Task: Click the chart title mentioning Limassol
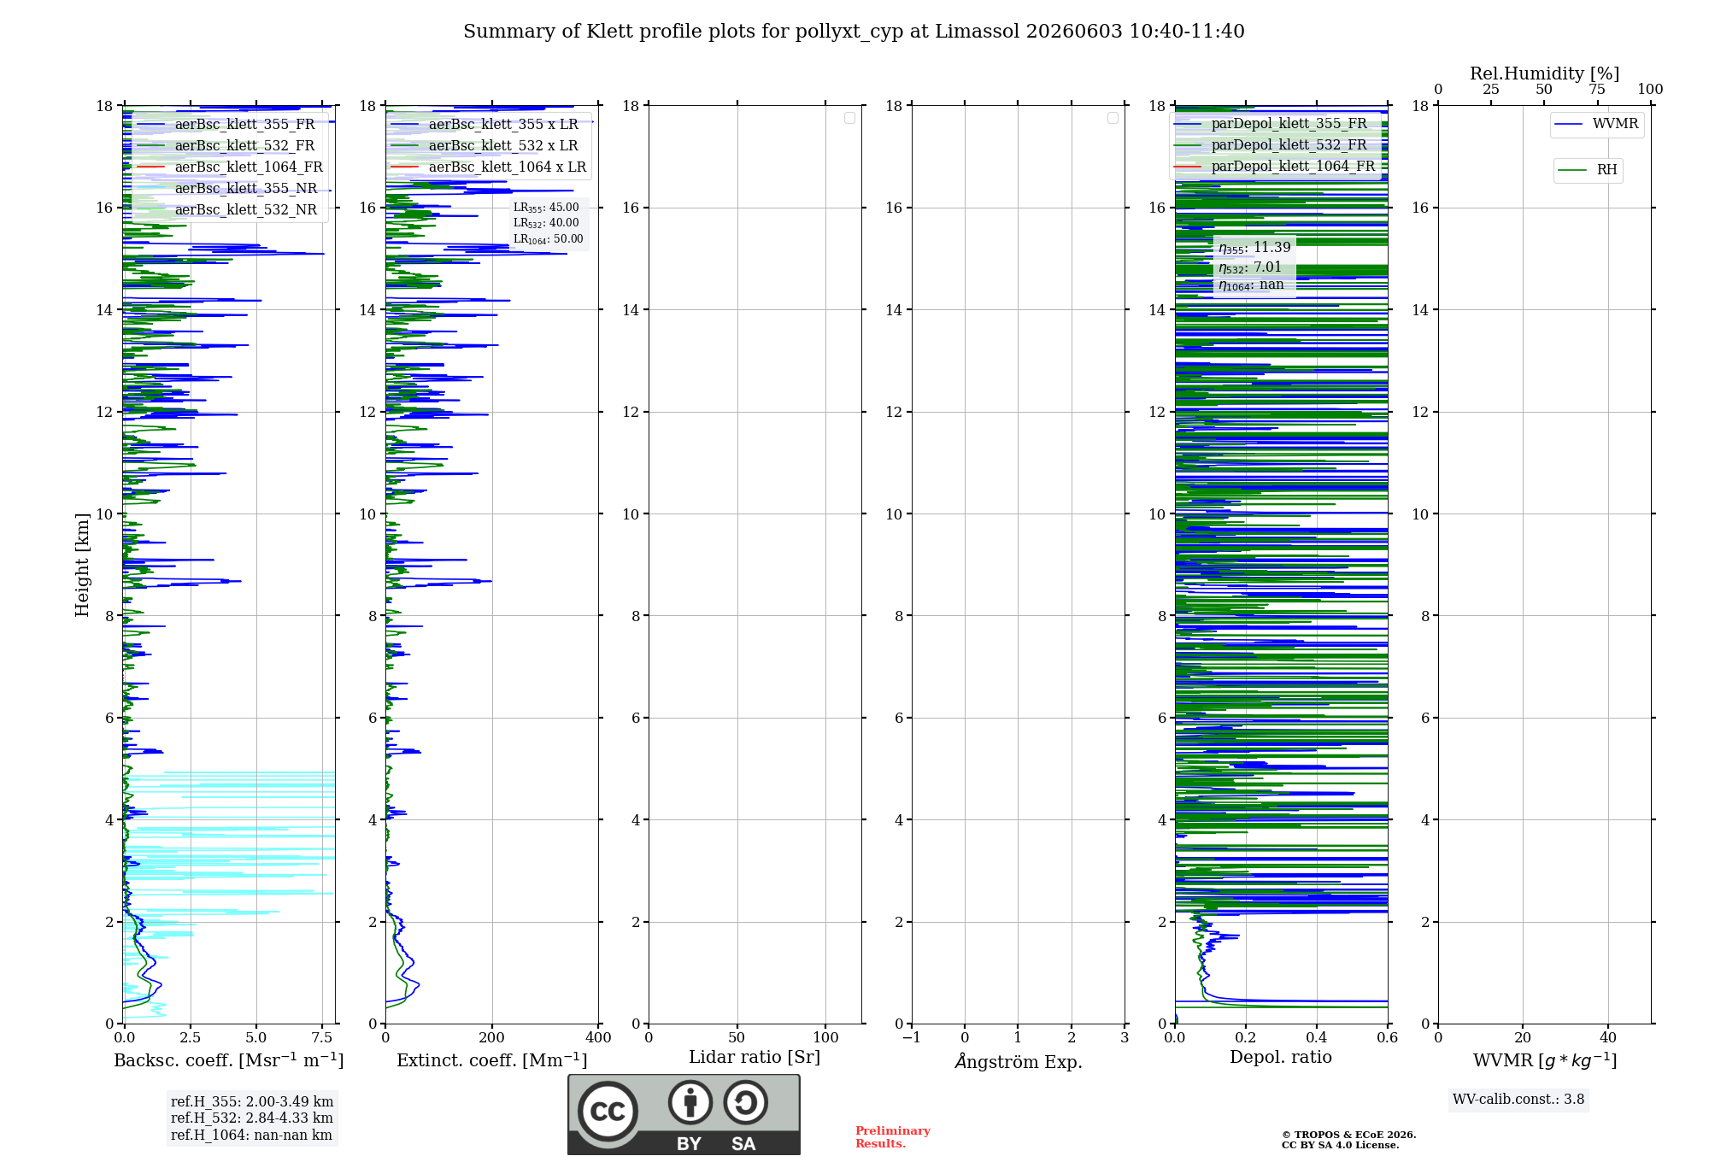click(x=854, y=32)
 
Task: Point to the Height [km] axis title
click(x=82, y=565)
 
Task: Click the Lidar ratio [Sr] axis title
click(x=755, y=1058)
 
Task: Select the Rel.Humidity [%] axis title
click(x=1544, y=73)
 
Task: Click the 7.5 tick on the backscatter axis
click(x=322, y=1038)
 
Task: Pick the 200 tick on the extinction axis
click(x=491, y=1038)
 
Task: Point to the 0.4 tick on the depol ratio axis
click(x=1317, y=1038)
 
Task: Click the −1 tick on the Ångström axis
click(x=912, y=1038)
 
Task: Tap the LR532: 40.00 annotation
click(x=546, y=223)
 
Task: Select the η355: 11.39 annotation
click(x=1254, y=248)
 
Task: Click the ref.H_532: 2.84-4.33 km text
click(x=252, y=1118)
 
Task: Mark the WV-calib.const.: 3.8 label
click(x=1518, y=1100)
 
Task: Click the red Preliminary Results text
click(x=893, y=1137)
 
